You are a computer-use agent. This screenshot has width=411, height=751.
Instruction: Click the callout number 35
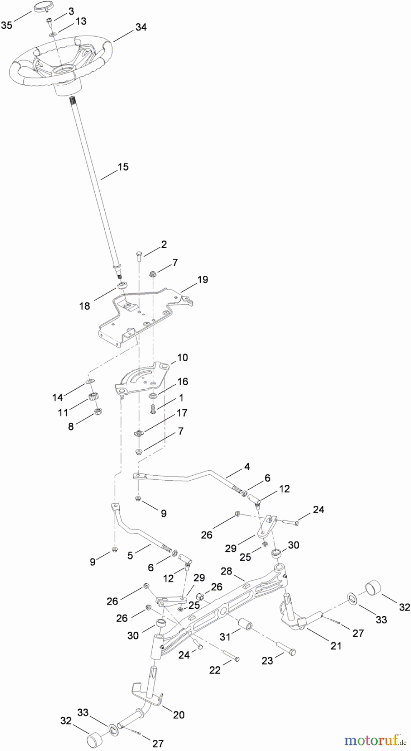tap(6, 25)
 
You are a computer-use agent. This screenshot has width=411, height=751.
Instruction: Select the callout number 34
tap(141, 27)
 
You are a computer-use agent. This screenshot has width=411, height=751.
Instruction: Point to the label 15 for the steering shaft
tap(123, 167)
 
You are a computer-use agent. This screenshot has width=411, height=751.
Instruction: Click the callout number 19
tap(202, 280)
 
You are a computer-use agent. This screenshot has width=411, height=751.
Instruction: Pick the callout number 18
tap(85, 306)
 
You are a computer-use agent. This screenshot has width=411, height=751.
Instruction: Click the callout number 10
tap(182, 358)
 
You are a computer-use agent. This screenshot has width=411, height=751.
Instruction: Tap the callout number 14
tap(58, 398)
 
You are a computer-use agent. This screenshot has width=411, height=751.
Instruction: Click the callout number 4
tap(247, 467)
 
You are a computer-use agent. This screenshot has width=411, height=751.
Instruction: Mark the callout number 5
tap(130, 556)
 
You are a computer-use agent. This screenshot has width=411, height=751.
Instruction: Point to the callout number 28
tap(226, 571)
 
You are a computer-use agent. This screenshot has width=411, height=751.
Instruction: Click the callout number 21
tap(335, 646)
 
